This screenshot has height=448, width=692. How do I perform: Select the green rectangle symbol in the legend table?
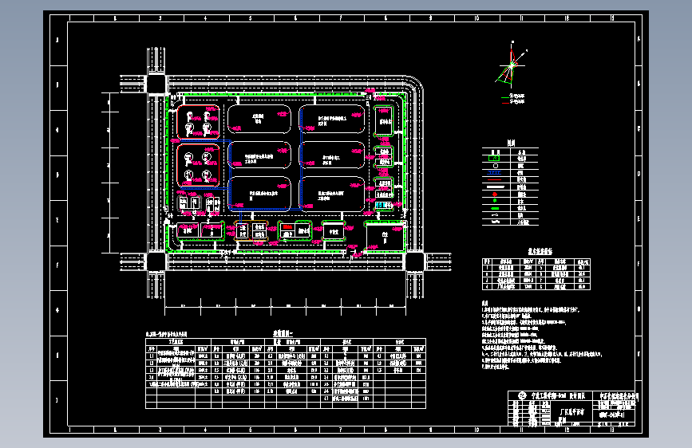click(x=494, y=157)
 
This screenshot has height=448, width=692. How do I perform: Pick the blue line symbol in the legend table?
click(x=494, y=172)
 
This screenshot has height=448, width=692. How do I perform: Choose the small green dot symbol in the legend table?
click(x=494, y=201)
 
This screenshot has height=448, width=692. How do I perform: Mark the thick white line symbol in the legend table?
click(x=494, y=187)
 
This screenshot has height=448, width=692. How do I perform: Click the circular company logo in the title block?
click(x=521, y=396)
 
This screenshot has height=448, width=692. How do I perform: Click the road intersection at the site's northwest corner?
click(x=155, y=83)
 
